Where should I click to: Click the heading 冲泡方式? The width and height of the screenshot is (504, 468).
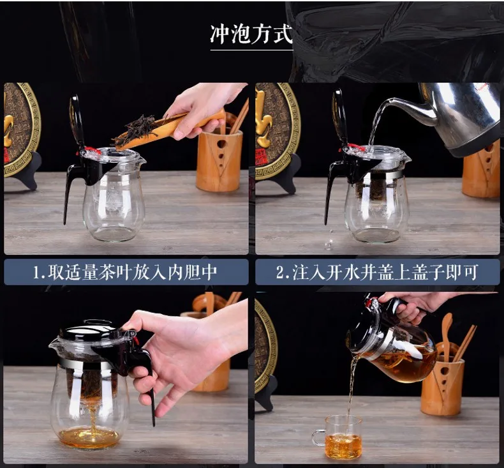tap(251, 34)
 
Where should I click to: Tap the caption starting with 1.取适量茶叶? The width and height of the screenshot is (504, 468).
tap(125, 272)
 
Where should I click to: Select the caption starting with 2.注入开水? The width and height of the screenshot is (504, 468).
tap(377, 272)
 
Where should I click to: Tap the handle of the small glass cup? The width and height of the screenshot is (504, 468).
tap(318, 438)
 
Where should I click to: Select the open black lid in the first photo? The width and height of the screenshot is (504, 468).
tap(76, 122)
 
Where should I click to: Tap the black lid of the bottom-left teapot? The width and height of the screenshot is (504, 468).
tap(89, 330)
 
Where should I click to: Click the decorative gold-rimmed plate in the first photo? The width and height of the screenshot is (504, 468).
tap(21, 129)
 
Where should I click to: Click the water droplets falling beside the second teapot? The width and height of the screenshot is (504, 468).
tap(329, 239)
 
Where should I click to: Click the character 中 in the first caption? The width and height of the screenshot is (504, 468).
tap(209, 272)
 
